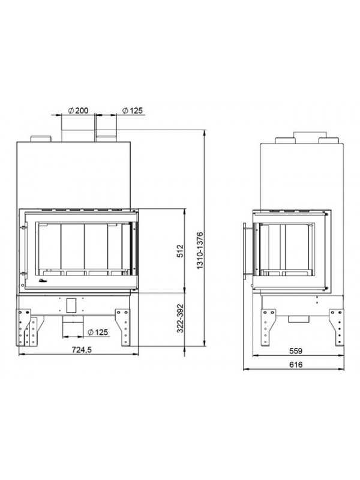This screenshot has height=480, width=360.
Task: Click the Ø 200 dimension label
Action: pyautogui.click(x=78, y=110)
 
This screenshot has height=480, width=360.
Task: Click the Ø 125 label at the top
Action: pyautogui.click(x=133, y=110)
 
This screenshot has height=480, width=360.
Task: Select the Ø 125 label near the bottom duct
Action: pyautogui.click(x=98, y=332)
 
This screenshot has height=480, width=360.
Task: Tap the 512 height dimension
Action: pyautogui.click(x=180, y=250)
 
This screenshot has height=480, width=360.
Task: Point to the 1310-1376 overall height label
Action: pyautogui.click(x=200, y=250)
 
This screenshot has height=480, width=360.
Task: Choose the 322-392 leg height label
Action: pyautogui.click(x=180, y=318)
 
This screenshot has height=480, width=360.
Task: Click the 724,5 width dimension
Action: pyautogui.click(x=82, y=350)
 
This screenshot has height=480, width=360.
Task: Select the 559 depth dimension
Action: pyautogui.click(x=296, y=351)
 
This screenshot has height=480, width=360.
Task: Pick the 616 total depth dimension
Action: pyautogui.click(x=296, y=365)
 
